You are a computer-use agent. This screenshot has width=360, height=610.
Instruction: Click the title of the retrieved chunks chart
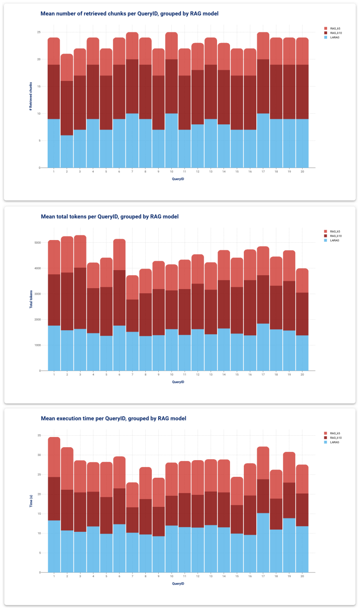130,13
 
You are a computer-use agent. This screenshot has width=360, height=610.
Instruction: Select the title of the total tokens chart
110,216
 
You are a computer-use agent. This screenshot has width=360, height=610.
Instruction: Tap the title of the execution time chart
114,418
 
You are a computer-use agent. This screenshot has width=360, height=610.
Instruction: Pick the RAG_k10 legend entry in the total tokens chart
333,236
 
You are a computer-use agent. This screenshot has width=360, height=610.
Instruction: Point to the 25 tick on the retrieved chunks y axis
39,32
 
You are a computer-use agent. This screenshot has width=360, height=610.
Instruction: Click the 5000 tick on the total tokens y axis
37,243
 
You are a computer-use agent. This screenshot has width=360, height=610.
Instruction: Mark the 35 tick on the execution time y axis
39,436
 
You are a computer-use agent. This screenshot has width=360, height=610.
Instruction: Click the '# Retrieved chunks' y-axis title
31,96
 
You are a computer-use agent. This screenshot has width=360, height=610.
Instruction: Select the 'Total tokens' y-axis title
31,299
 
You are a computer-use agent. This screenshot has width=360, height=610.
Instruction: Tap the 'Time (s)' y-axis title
31,501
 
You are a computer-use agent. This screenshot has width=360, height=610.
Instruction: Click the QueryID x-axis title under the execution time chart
178,584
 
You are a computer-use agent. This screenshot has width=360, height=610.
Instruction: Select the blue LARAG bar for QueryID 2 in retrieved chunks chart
67,151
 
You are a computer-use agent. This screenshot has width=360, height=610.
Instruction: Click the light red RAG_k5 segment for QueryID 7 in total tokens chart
132,288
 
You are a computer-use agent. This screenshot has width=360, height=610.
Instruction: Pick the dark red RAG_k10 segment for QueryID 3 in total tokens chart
80,298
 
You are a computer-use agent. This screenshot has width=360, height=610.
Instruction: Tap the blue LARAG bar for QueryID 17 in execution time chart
263,543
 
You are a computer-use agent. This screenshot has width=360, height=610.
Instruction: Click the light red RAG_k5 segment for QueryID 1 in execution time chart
54,457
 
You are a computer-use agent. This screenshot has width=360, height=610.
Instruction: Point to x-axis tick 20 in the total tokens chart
302,375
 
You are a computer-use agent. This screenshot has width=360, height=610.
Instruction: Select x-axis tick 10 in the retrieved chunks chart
171,172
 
